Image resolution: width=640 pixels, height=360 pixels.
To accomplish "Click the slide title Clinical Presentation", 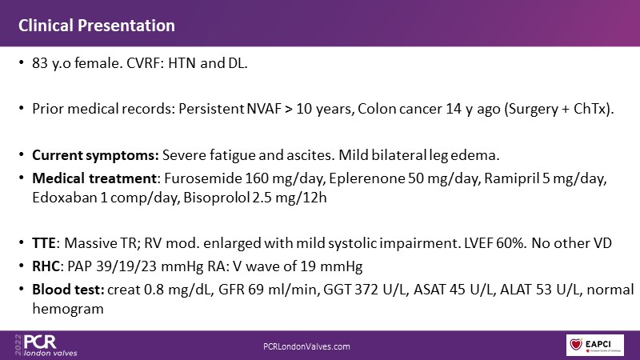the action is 97,26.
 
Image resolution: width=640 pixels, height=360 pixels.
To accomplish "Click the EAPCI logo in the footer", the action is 594,345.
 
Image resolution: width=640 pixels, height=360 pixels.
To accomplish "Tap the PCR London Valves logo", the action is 46,345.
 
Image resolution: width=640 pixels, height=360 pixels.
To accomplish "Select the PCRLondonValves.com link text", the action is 306,346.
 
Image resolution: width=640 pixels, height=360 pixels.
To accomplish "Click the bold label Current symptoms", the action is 95,155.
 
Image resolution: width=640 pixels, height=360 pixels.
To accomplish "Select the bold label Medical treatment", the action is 94,178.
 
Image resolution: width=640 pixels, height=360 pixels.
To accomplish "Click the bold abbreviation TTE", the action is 44,243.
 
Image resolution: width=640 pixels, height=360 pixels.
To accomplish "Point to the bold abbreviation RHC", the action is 46,266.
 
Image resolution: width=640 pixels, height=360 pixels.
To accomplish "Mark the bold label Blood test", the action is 68,290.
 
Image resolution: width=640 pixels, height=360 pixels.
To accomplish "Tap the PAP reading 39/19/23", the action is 126,266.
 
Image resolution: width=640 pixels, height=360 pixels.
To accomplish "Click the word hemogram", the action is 68,310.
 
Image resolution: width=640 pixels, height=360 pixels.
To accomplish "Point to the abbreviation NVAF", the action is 264,109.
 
